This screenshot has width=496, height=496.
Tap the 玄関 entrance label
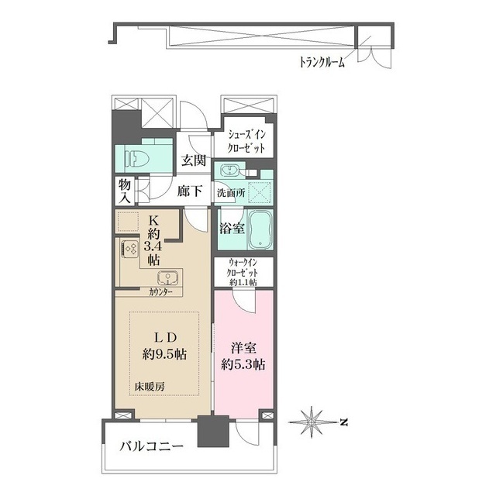tap(193, 161)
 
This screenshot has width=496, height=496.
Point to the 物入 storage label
tap(125, 190)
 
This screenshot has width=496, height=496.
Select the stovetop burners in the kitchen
tap(129, 249)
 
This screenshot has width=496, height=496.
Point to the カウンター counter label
tap(161, 292)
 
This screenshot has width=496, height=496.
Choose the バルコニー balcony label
tap(151, 447)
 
